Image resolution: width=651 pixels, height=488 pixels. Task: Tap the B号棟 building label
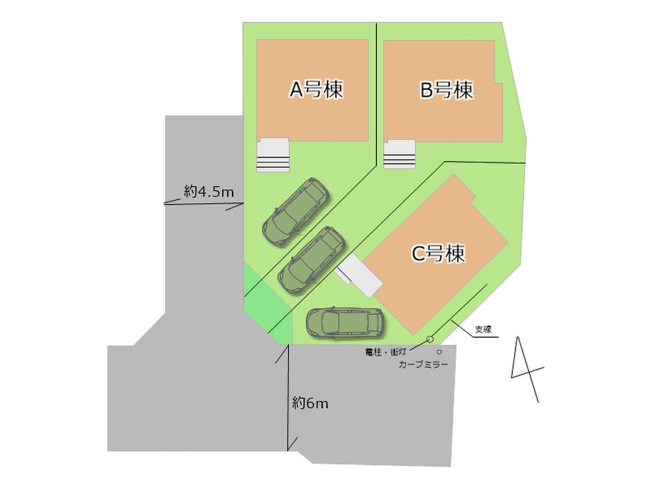click(x=447, y=91)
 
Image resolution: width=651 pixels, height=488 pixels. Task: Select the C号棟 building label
click(x=438, y=253)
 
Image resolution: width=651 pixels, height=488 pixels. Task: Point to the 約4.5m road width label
click(x=209, y=192)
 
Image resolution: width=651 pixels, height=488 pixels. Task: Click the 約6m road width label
click(x=310, y=403)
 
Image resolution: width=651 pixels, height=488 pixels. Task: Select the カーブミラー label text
click(x=423, y=364)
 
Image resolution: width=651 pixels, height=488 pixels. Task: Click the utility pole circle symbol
click(x=430, y=339)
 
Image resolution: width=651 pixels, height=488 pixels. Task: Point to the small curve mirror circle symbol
click(x=439, y=352)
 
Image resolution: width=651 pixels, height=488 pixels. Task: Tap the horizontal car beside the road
click(x=345, y=322)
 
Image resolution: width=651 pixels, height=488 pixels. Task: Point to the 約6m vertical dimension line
click(x=288, y=396)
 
